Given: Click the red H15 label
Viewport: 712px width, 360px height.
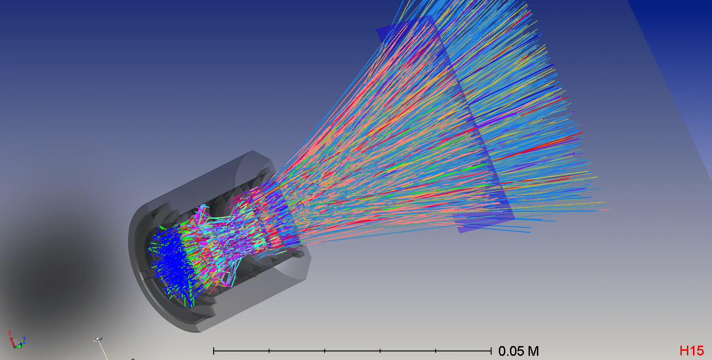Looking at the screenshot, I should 692,351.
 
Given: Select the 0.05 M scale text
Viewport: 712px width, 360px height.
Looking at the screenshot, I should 518,351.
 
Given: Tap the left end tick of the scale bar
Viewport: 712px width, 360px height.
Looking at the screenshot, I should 214,350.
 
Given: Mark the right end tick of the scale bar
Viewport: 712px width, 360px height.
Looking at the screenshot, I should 491,350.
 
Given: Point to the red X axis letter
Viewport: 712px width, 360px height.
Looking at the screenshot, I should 9,333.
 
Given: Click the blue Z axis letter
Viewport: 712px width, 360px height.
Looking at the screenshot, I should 24,340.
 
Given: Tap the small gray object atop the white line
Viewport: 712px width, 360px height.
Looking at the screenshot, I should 98,340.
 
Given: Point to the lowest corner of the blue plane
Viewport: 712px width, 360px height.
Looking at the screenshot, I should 460,232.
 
